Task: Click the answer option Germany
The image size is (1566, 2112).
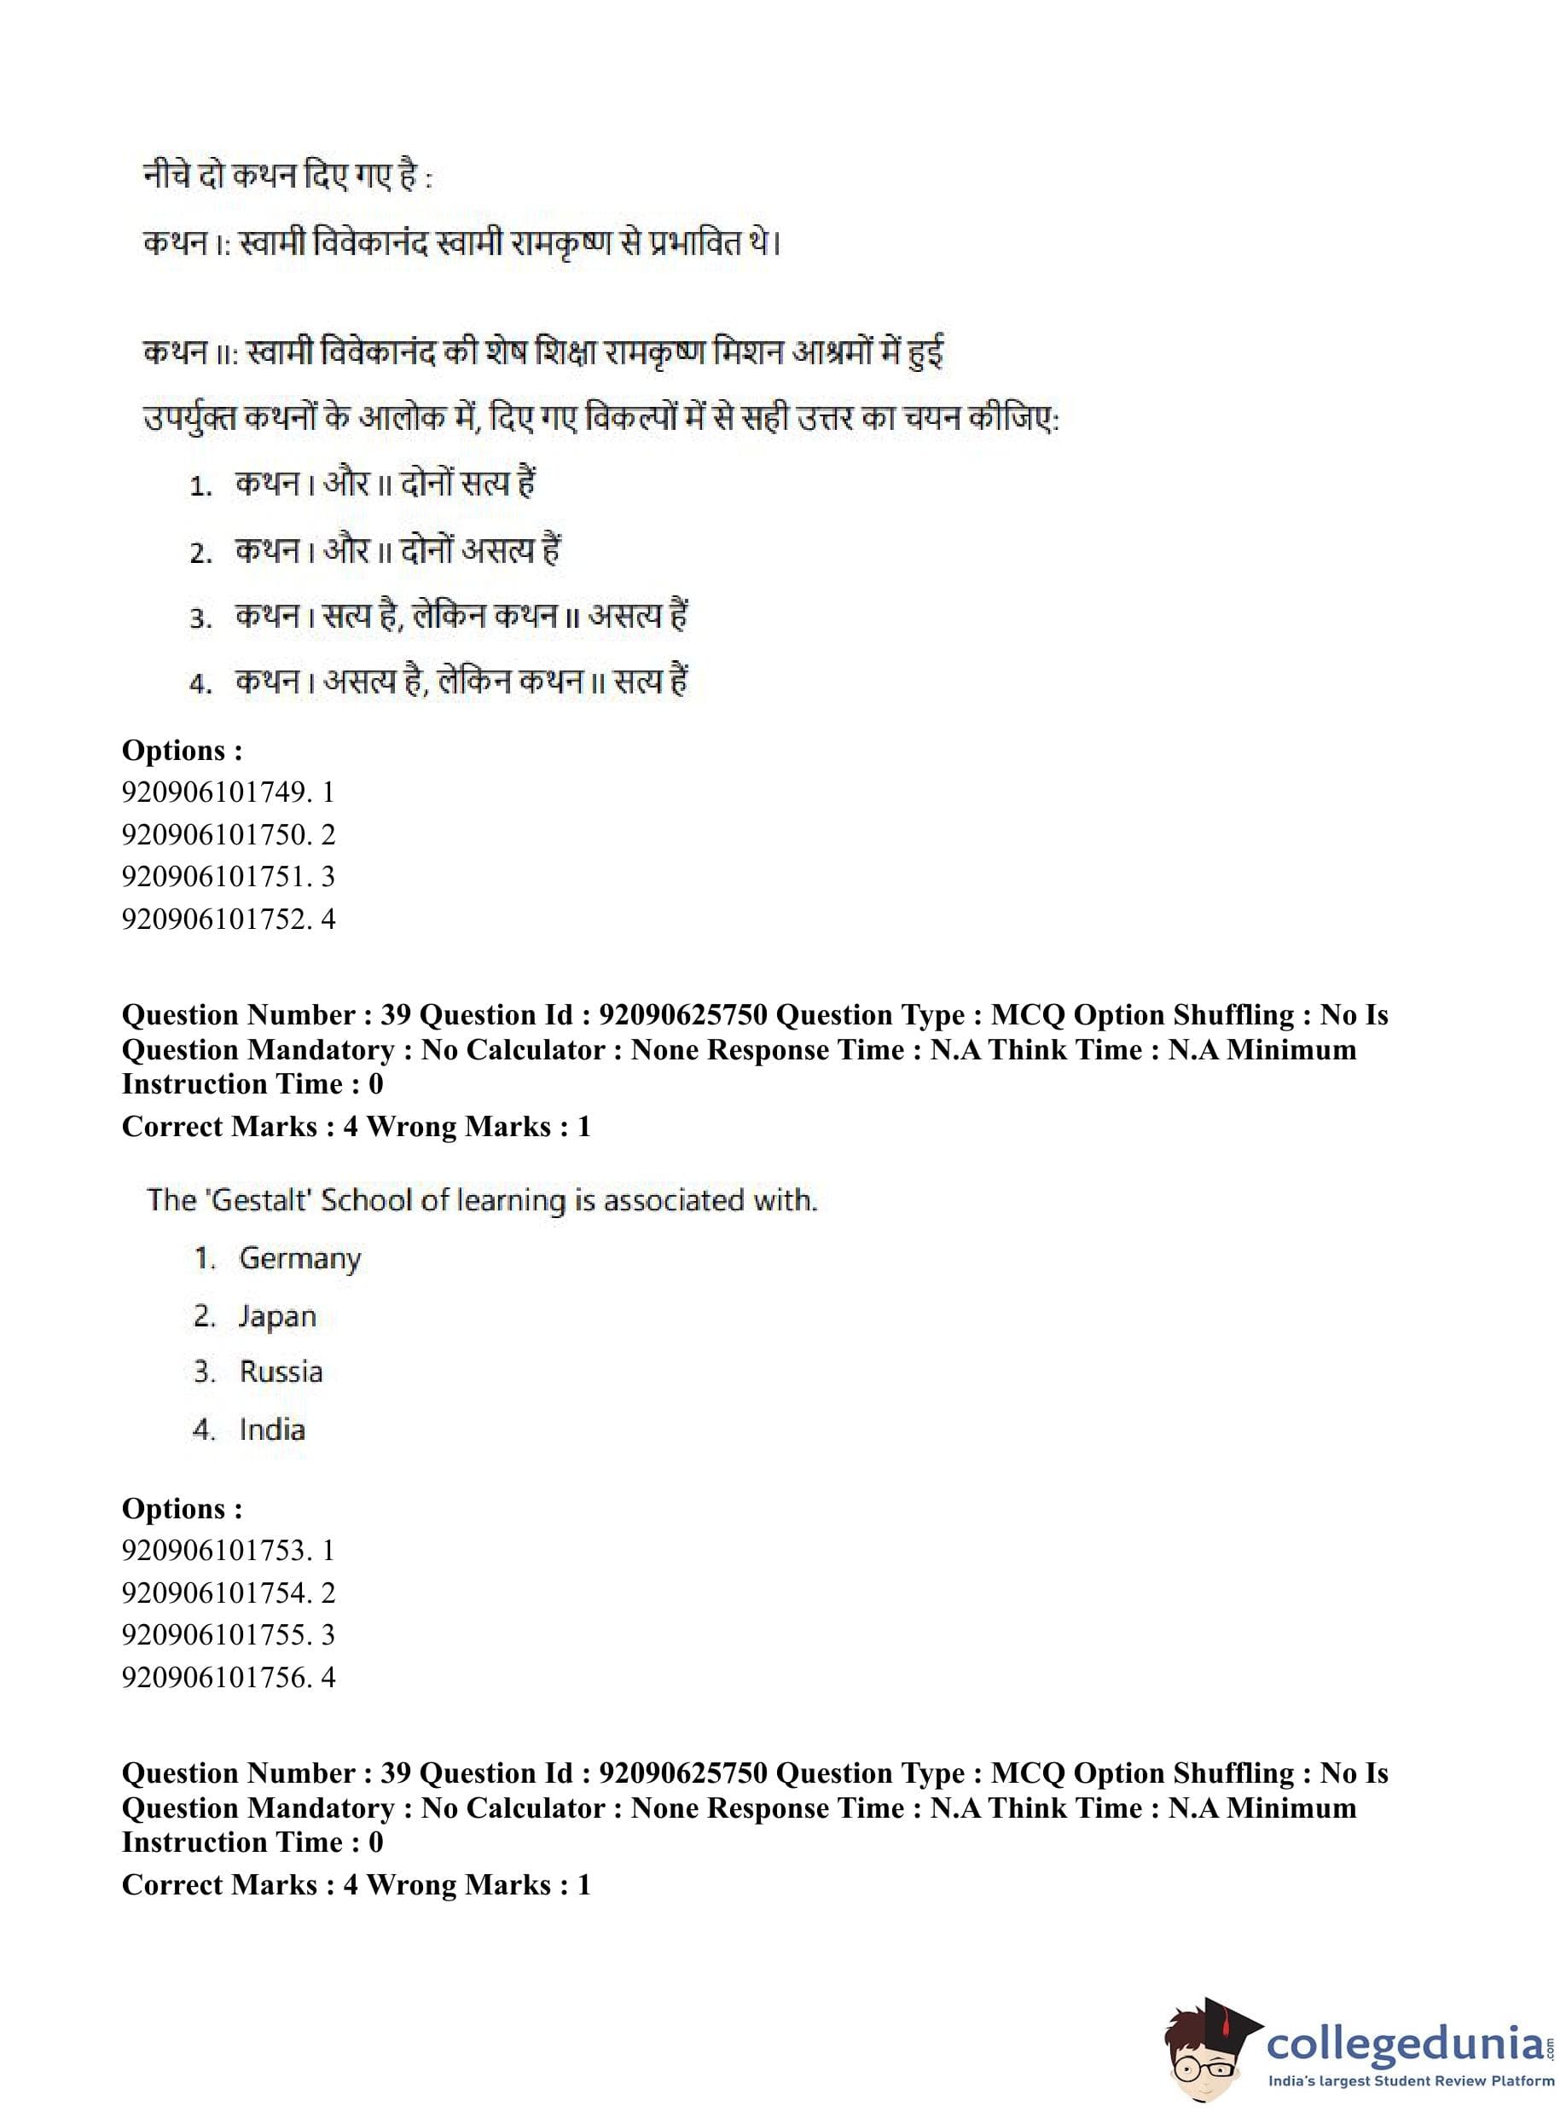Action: tap(299, 1259)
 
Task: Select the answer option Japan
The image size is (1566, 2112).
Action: tap(277, 1317)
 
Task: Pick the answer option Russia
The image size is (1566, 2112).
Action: tap(281, 1372)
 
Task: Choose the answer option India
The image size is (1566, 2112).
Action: tap(272, 1430)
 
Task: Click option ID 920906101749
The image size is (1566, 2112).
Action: tap(214, 792)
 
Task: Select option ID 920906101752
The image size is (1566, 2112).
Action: tap(214, 919)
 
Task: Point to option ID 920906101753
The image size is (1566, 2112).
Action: tap(214, 1551)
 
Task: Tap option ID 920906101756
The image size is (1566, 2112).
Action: tap(214, 1677)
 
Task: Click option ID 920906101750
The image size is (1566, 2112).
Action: tap(214, 835)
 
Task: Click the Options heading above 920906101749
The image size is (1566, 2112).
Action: tap(182, 751)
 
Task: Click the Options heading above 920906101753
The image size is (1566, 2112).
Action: tap(182, 1509)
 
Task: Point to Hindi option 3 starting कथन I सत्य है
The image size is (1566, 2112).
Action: tap(461, 617)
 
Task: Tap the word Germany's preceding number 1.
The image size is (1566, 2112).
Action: tap(204, 1259)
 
